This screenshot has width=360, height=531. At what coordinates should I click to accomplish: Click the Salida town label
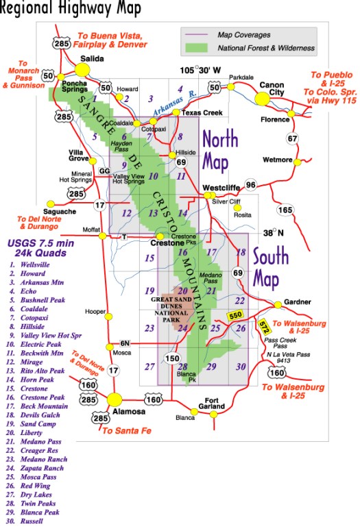92,60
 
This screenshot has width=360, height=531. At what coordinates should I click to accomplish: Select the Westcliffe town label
221,185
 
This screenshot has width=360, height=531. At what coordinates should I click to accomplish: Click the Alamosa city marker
116,399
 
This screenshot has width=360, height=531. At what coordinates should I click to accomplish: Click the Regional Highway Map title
71,9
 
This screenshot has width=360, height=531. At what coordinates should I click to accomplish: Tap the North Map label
219,149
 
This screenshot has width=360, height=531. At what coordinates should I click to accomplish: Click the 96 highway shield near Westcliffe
251,184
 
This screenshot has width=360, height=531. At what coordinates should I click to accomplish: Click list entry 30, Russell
32,520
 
